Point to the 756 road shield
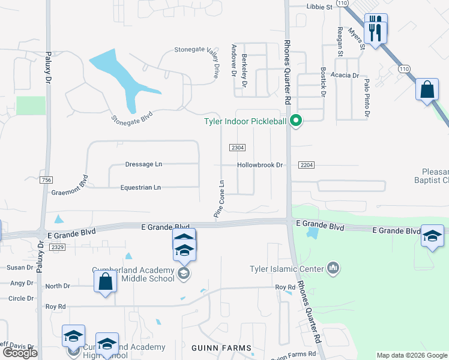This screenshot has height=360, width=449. (x=46, y=180)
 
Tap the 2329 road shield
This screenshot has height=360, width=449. (x=58, y=247)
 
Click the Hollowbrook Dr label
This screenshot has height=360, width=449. (x=259, y=164)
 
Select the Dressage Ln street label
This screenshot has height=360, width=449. (x=143, y=164)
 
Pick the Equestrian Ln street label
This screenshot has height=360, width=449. (x=140, y=187)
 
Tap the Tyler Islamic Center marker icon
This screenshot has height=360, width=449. (x=334, y=268)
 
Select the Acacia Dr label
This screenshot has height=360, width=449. (x=347, y=76)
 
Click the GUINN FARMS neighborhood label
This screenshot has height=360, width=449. (x=216, y=347)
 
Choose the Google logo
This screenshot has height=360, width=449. (x=19, y=353)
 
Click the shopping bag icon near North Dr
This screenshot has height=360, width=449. (x=106, y=281)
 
